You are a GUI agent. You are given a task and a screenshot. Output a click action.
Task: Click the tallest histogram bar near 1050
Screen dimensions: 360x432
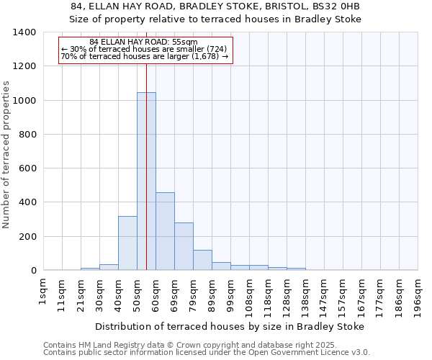point(146,181)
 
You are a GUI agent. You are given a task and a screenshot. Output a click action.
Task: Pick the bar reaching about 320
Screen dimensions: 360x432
point(127,243)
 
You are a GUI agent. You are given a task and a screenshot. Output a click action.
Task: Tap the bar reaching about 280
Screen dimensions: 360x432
point(184,246)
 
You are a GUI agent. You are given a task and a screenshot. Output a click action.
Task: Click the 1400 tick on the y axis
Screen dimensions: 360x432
point(24,32)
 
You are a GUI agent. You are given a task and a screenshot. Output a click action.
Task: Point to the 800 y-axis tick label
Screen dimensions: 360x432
point(27,135)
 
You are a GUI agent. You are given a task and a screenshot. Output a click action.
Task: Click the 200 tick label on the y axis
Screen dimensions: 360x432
point(27,237)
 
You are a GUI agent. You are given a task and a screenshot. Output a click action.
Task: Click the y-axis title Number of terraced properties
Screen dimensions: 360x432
point(7,155)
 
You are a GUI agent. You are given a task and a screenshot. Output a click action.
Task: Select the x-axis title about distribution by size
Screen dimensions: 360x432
point(229,326)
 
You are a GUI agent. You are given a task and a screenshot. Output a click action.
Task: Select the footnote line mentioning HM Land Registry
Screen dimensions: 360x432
point(206,345)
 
